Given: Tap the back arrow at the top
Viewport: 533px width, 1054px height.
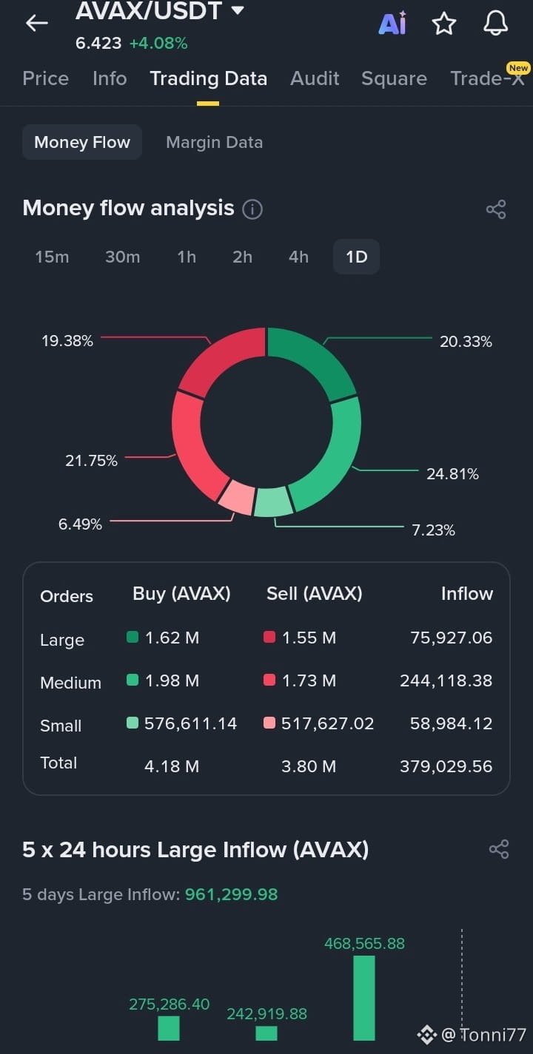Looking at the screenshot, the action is (37, 23).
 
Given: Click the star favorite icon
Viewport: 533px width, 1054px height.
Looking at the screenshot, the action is (443, 24).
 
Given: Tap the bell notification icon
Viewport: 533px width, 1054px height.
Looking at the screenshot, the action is (495, 23).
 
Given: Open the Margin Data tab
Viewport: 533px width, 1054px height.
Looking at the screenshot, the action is (214, 143).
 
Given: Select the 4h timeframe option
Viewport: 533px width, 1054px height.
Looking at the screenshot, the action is (298, 257).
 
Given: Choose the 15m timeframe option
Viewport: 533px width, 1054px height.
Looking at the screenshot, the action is (52, 257).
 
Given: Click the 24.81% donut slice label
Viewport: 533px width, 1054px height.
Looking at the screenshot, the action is (452, 474).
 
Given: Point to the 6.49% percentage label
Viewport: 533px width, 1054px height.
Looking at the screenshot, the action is (80, 524).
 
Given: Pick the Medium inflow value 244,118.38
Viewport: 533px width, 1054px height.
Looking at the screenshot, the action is (446, 680).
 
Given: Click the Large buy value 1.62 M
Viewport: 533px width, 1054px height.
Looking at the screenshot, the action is (172, 638).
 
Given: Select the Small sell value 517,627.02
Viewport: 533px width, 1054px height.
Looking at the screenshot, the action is (327, 723).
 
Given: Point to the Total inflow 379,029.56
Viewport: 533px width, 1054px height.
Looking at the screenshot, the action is (446, 766).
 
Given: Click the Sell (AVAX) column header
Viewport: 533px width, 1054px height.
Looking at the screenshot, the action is (315, 594).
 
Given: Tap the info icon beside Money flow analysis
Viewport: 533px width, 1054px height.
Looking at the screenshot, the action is (252, 209).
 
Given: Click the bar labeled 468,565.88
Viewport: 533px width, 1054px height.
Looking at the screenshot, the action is (364, 998).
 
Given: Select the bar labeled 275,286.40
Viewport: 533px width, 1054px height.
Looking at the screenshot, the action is (169, 1028).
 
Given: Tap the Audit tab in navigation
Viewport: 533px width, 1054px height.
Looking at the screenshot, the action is (315, 78).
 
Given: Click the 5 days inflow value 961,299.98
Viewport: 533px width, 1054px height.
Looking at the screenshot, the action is (231, 894).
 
